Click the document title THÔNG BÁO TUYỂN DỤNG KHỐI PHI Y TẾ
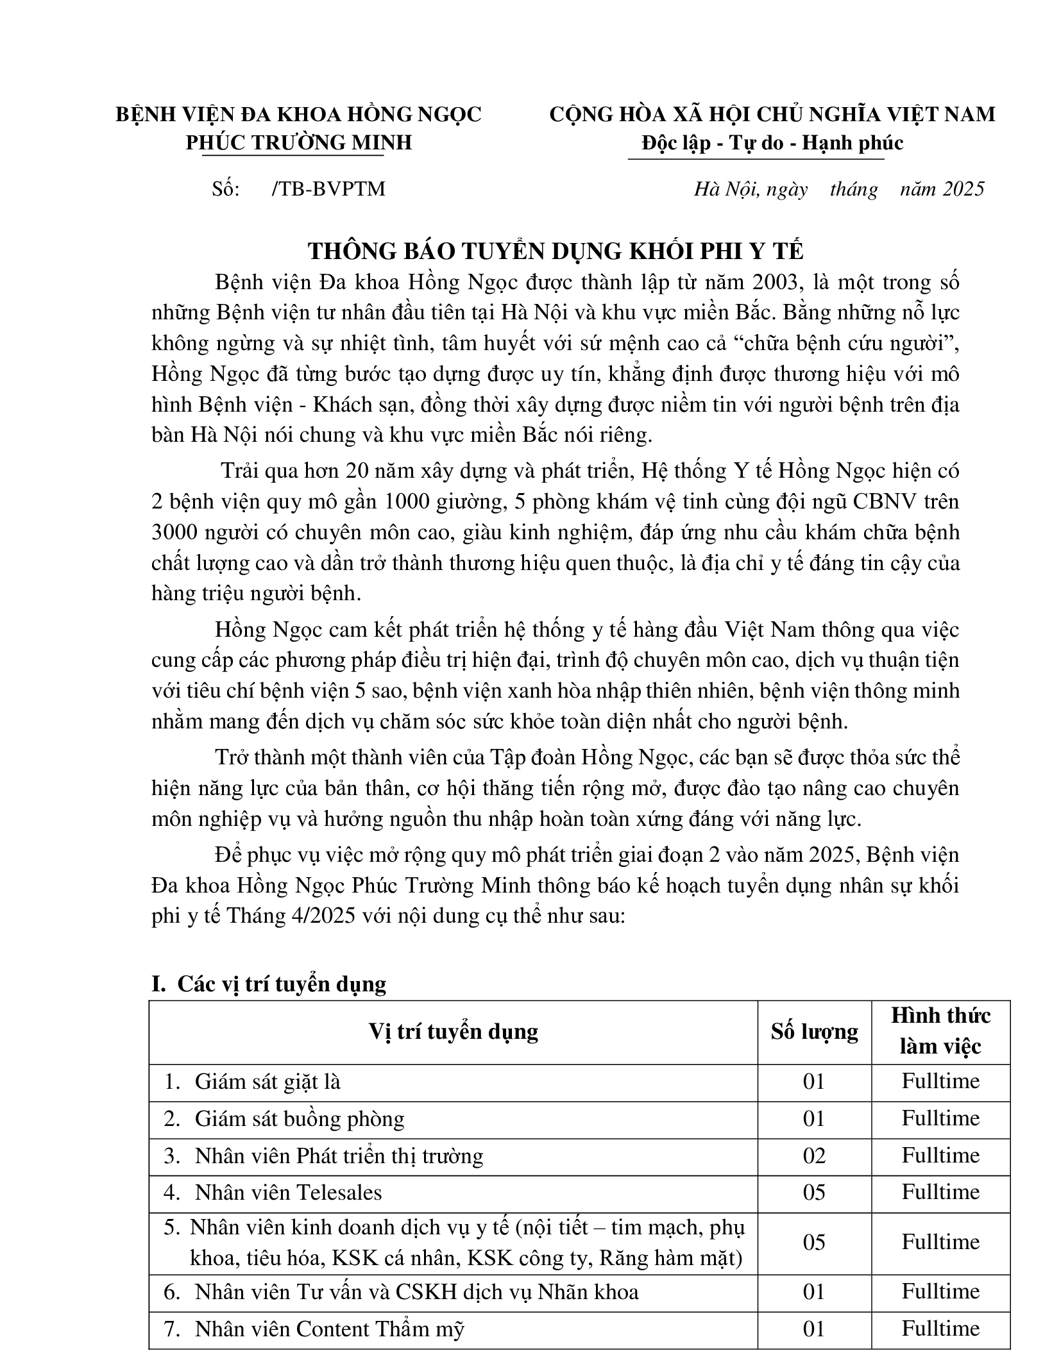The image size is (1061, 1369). (555, 251)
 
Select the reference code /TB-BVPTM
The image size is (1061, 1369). (328, 189)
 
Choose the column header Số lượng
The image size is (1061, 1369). (814, 1031)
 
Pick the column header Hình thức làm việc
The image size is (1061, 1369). (940, 1031)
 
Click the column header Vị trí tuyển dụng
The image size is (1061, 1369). (453, 1031)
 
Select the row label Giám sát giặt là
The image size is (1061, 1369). (267, 1082)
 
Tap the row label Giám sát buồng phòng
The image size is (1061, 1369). (300, 1119)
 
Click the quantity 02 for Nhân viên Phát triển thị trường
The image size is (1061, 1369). (814, 1155)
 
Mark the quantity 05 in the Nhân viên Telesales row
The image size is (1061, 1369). (814, 1192)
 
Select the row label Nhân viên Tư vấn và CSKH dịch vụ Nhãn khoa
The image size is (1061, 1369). (416, 1291)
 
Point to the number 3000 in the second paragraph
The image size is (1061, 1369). (175, 532)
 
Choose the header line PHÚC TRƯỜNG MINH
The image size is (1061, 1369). (298, 142)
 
